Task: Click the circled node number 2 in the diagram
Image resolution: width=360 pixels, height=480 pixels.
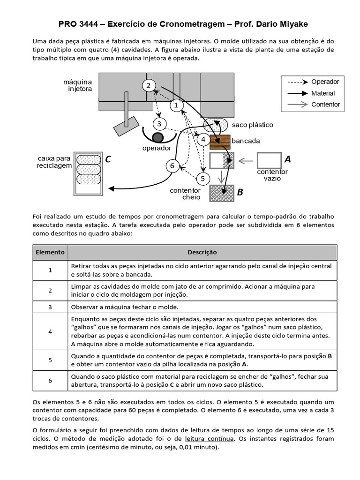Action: click(148, 85)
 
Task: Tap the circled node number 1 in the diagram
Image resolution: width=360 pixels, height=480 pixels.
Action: click(176, 106)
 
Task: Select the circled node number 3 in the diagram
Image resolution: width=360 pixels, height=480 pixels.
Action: click(159, 124)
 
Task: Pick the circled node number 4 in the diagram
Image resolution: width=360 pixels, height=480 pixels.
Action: click(203, 140)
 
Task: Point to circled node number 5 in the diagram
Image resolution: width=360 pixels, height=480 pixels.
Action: click(202, 179)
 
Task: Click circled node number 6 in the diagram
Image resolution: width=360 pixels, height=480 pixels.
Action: click(172, 166)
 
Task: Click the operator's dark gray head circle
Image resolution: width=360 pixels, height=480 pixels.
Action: click(158, 137)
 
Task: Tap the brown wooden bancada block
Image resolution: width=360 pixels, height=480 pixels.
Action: click(220, 141)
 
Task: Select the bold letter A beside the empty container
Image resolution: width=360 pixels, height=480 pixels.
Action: click(287, 160)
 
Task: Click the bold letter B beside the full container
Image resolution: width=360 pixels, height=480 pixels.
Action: click(240, 192)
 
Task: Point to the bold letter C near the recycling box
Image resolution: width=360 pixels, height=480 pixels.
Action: click(108, 160)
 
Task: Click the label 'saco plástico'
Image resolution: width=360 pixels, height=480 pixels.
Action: click(252, 125)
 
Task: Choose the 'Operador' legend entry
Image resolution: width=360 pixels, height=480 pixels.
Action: click(325, 82)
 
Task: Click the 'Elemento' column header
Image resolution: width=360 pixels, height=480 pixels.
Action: click(50, 252)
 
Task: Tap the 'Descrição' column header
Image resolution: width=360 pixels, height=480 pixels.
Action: click(202, 252)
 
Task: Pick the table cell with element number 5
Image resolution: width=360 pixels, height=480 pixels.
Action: click(50, 360)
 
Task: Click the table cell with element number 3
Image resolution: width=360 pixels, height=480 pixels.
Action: click(50, 307)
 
